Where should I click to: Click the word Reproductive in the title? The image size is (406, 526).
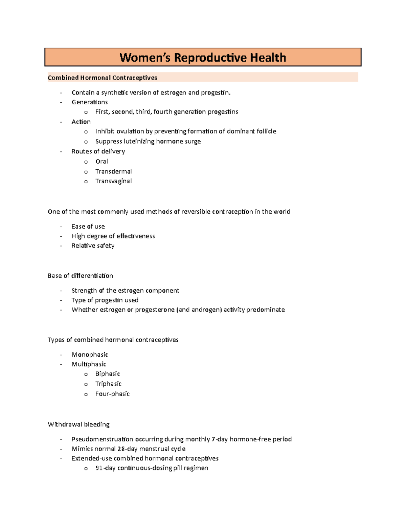tap(210, 58)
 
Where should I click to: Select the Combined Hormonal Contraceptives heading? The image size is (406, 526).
tap(102, 78)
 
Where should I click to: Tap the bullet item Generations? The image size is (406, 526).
tap(90, 102)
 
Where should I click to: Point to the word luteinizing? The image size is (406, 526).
tap(139, 141)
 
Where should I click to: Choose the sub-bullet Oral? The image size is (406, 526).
tap(101, 161)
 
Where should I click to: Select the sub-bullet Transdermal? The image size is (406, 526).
tap(113, 171)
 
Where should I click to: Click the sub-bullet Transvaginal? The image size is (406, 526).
tap(113, 181)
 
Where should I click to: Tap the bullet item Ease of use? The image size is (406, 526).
tap(88, 226)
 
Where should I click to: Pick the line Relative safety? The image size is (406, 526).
tap(93, 246)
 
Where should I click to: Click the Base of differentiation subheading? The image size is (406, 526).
tap(80, 276)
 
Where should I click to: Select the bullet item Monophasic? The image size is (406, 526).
tap(90, 355)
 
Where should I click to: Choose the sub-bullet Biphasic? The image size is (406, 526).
tap(108, 374)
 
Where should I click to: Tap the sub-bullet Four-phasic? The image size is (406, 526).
tap(112, 394)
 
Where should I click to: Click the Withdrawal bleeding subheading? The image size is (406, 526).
tap(78, 424)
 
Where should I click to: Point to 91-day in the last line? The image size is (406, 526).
tap(105, 468)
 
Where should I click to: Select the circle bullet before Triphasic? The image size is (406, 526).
tap(86, 384)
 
